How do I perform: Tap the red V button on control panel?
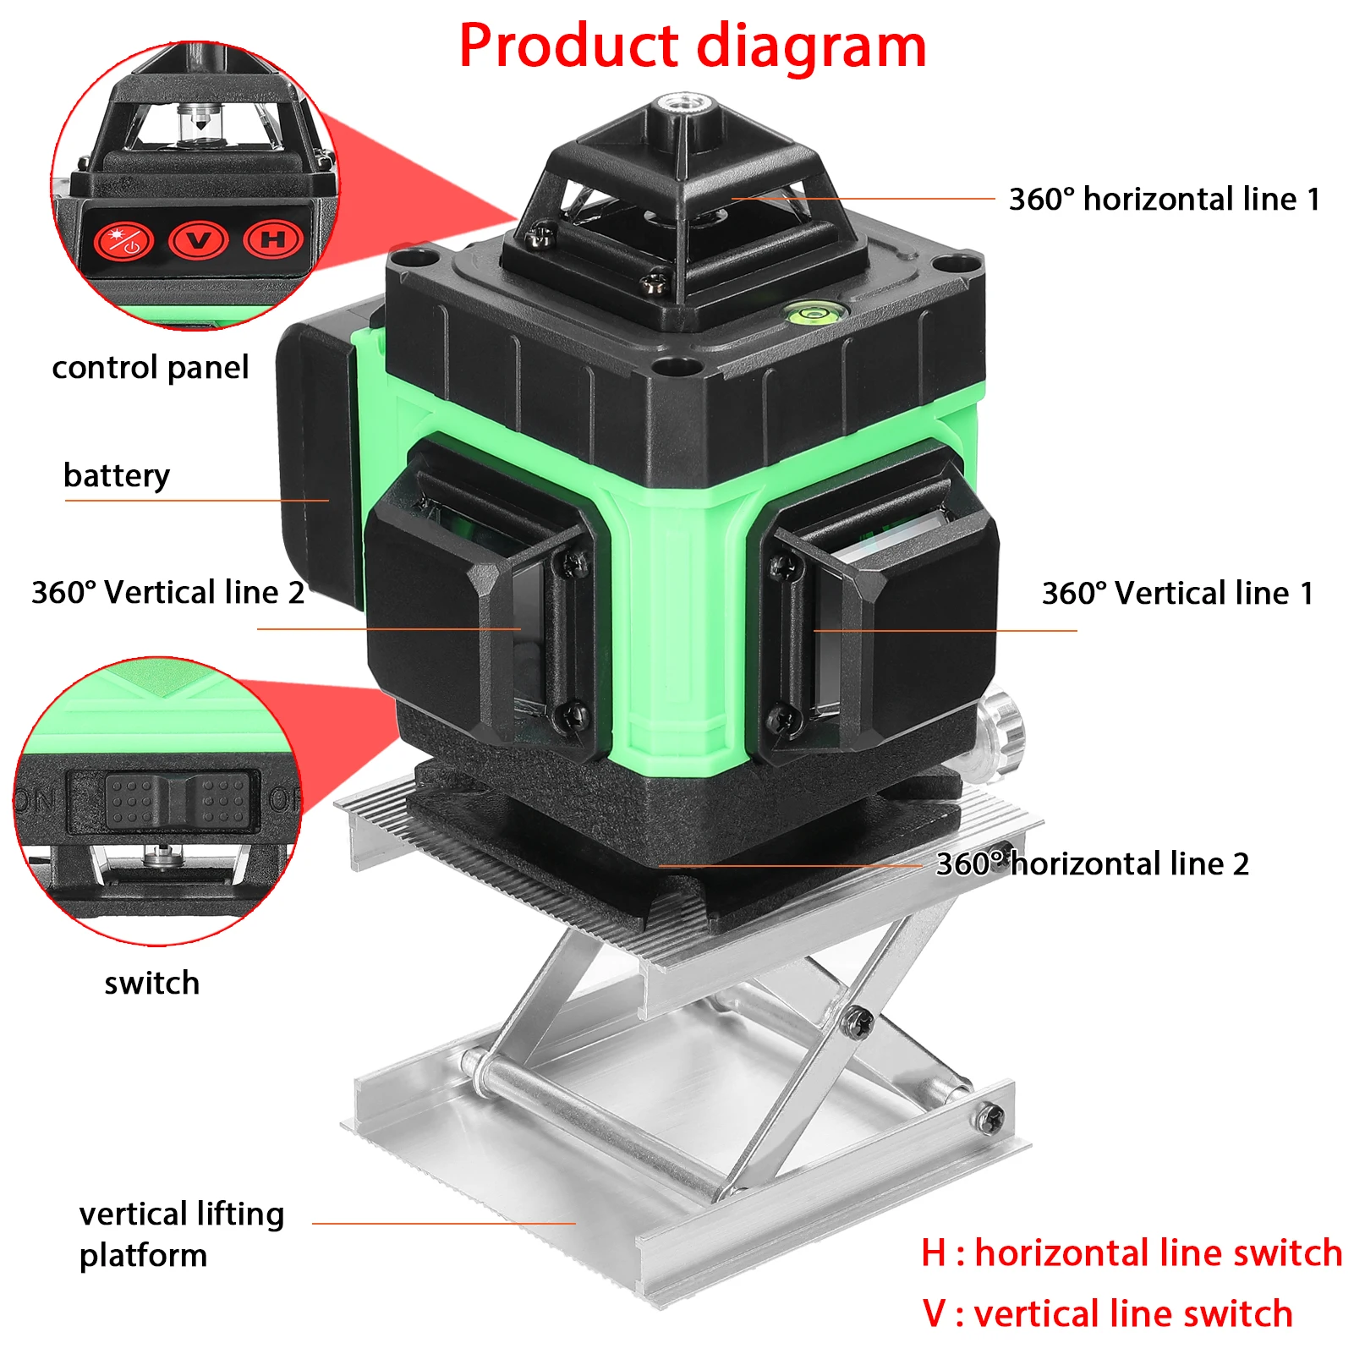pyautogui.click(x=198, y=240)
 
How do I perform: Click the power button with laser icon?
pyautogui.click(x=123, y=241)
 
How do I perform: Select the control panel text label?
pyautogui.click(x=150, y=368)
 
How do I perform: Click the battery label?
pyautogui.click(x=116, y=475)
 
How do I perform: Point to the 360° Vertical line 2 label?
pyautogui.click(x=167, y=593)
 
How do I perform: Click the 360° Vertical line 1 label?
pyautogui.click(x=1177, y=594)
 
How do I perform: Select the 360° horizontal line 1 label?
pyautogui.click(x=1164, y=200)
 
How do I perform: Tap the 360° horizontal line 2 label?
pyautogui.click(x=1092, y=864)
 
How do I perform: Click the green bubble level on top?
pyautogui.click(x=809, y=315)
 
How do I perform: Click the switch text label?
pyautogui.click(x=151, y=984)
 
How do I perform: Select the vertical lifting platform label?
pyautogui.click(x=181, y=1235)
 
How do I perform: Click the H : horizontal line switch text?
pyautogui.click(x=1131, y=1253)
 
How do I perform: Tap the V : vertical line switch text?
pyautogui.click(x=1107, y=1314)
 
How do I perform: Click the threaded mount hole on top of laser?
pyautogui.click(x=683, y=105)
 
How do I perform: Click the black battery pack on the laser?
pyautogui.click(x=317, y=457)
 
